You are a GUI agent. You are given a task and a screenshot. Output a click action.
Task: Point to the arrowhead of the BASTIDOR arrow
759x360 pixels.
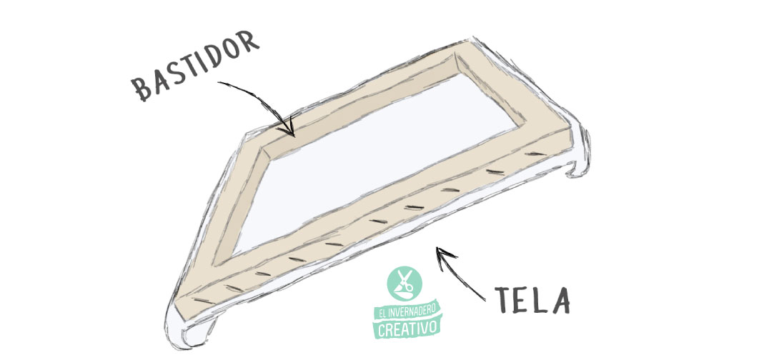pos(289,132)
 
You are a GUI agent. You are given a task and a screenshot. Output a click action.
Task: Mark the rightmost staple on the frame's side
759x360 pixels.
pos(533,153)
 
